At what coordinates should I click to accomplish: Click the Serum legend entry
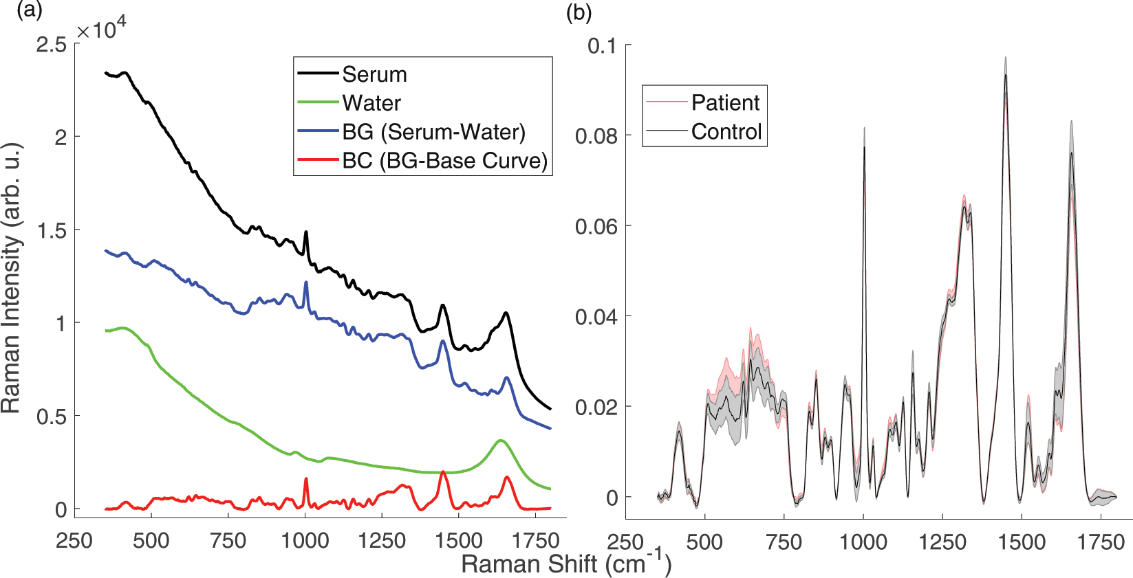[x=374, y=74]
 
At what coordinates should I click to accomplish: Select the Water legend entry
[x=371, y=103]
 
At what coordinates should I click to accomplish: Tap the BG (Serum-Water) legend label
[x=433, y=132]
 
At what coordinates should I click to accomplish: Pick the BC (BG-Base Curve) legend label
[x=444, y=161]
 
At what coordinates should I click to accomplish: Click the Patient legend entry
[x=725, y=102]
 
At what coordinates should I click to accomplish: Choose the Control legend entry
[x=726, y=131]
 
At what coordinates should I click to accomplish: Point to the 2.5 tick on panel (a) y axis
[x=52, y=45]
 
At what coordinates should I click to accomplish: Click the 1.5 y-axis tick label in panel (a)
[x=52, y=231]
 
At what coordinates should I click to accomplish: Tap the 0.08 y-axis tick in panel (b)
[x=596, y=136]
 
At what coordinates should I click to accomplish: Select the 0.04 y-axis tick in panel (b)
[x=596, y=317]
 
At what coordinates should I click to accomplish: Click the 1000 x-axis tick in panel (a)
[x=305, y=540]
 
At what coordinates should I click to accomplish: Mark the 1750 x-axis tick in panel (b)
[x=1101, y=542]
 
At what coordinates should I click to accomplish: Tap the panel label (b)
[x=578, y=12]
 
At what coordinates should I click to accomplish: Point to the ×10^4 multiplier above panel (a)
[x=101, y=30]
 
